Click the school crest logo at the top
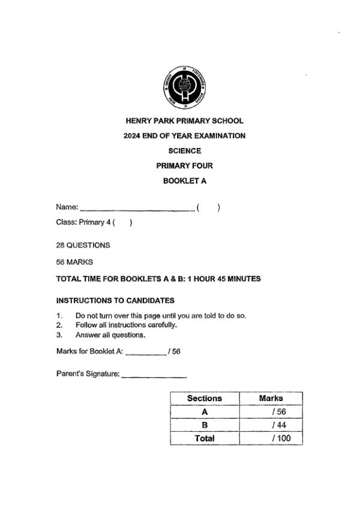tap(184, 88)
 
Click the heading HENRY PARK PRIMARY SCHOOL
tap(184, 121)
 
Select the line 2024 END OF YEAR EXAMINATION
tap(184, 136)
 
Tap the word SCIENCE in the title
tap(184, 151)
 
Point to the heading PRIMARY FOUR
tap(184, 166)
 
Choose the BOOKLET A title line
tap(184, 181)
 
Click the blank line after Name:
tap(137, 209)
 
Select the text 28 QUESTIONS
tap(83, 245)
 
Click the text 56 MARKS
tap(74, 262)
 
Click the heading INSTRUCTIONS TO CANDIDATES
tap(115, 300)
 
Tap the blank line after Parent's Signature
tap(154, 377)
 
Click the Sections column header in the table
tap(205, 398)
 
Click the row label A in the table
tap(205, 412)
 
